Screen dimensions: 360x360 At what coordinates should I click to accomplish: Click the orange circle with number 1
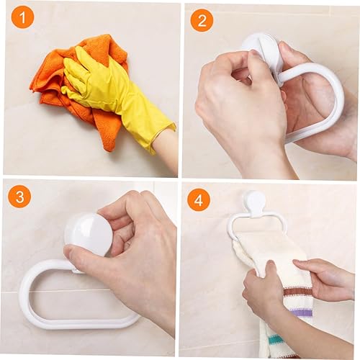point(22,17)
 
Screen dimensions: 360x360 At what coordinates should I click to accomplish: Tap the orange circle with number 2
point(202,20)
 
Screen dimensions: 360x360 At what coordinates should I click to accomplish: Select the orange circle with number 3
point(19,197)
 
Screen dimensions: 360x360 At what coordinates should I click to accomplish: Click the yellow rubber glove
point(113,94)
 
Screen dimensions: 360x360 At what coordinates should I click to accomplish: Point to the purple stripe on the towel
point(301,312)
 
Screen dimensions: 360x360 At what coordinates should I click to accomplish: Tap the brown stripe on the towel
point(297,293)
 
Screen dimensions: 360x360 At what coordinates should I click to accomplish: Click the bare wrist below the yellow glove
point(166,149)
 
